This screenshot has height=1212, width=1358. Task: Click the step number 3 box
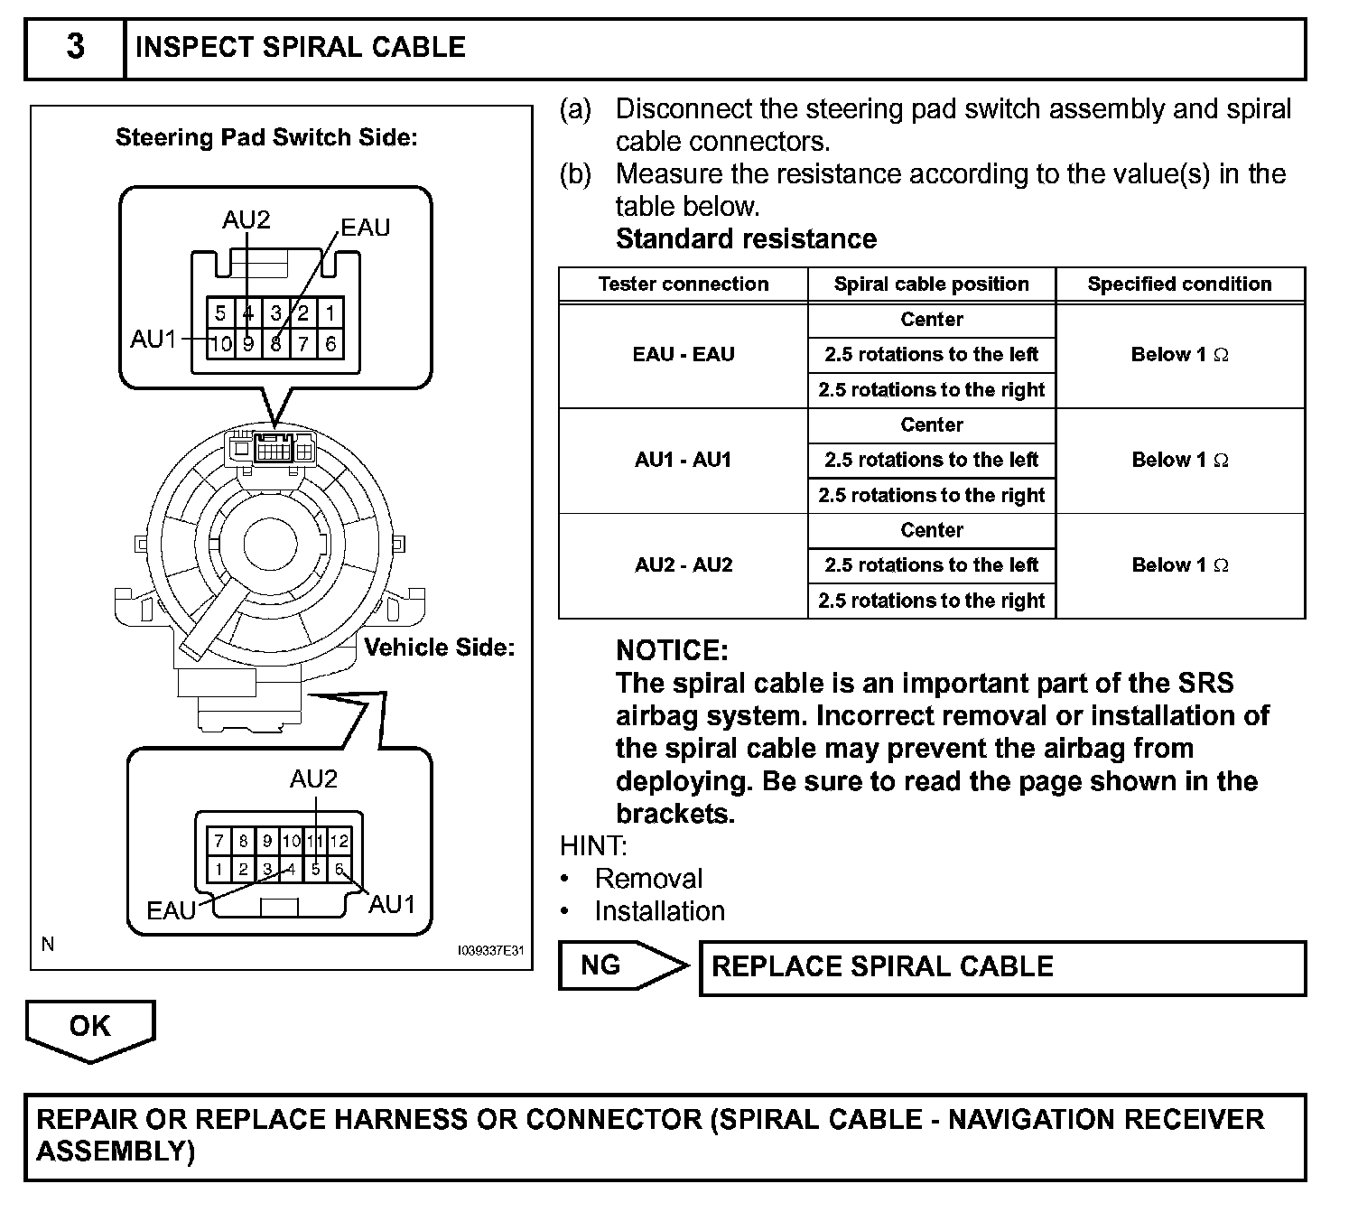(x=75, y=47)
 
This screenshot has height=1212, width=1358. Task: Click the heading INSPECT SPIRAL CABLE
(x=300, y=47)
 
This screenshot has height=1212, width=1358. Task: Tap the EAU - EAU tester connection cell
(x=684, y=355)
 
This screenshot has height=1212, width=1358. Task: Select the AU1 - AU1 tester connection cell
(x=684, y=460)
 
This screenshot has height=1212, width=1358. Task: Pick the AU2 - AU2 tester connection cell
(x=684, y=565)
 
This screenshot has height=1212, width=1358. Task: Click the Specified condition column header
(x=1179, y=284)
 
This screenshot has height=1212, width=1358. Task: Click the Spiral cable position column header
(x=931, y=284)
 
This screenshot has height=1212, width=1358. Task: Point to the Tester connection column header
(x=684, y=284)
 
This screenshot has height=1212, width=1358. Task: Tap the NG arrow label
(x=601, y=965)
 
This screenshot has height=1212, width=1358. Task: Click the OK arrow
(x=90, y=1027)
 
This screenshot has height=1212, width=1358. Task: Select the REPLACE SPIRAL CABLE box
(x=1002, y=967)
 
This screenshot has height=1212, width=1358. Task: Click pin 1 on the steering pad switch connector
(x=330, y=313)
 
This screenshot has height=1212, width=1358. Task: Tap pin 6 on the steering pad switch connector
(x=330, y=343)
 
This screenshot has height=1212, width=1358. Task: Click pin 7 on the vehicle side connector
(x=219, y=841)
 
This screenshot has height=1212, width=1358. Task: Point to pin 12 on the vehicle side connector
(x=339, y=841)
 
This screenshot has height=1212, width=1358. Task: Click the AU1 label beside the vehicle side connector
(x=392, y=904)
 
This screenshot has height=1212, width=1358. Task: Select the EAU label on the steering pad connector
(x=366, y=228)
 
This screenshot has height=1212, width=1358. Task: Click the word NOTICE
(x=672, y=650)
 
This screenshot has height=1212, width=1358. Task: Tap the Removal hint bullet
(x=648, y=879)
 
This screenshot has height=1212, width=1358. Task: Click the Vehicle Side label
(x=439, y=648)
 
